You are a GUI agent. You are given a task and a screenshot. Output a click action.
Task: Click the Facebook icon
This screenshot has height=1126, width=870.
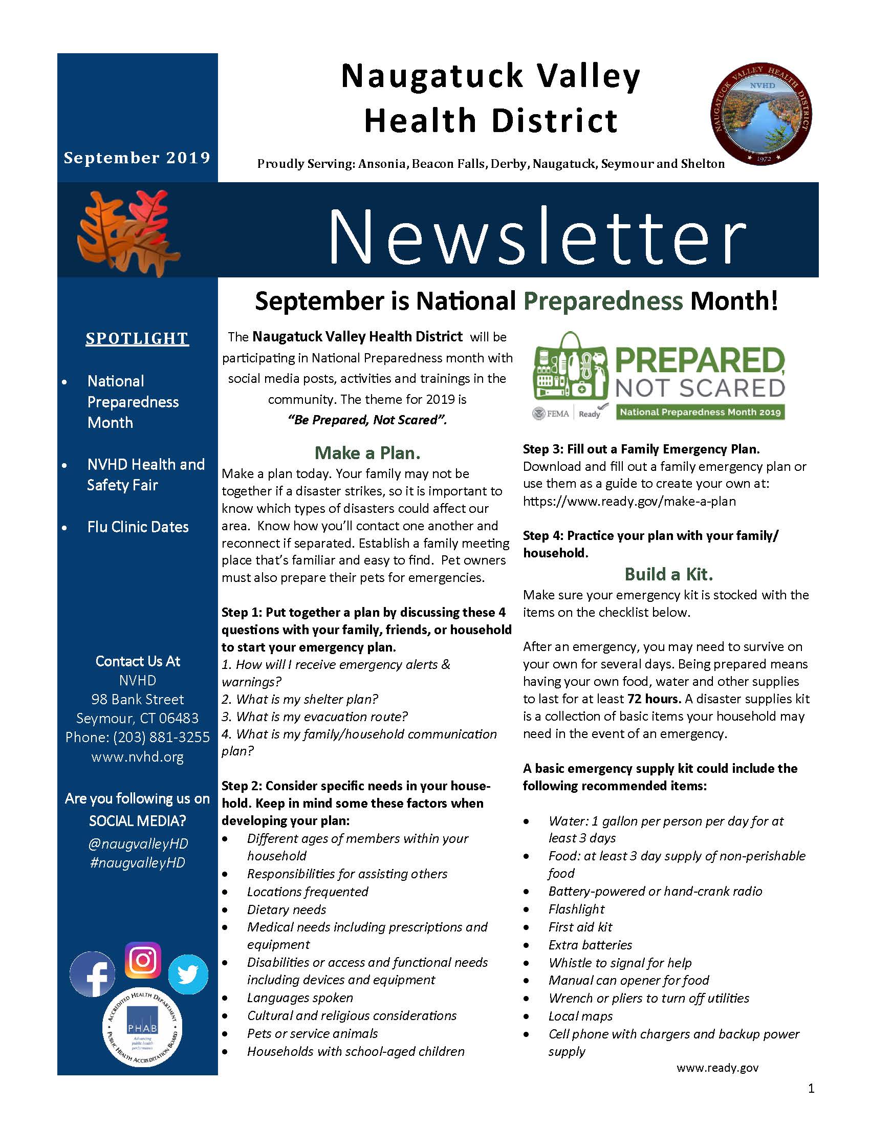tap(93, 974)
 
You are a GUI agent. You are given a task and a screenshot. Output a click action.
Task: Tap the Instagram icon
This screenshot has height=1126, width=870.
tap(143, 960)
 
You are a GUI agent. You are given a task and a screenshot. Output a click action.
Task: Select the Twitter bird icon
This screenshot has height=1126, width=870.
tap(188, 974)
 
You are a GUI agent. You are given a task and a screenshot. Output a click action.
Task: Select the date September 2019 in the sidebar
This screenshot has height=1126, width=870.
tap(137, 157)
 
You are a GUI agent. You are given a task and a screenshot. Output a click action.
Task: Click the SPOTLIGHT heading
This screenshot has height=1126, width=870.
tap(137, 338)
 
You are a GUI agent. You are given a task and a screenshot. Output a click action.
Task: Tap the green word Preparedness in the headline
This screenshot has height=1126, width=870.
tap(603, 300)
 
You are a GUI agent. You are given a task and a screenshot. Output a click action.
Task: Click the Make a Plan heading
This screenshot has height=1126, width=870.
tap(367, 452)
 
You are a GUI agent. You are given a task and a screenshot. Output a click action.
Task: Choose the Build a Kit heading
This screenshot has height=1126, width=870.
tap(668, 574)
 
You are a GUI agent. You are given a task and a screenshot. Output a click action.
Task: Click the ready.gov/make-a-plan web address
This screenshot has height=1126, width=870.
tap(629, 501)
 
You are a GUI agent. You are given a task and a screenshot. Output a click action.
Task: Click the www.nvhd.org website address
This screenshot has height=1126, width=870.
tap(137, 756)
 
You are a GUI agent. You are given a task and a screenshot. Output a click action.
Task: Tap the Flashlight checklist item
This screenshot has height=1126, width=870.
tap(576, 909)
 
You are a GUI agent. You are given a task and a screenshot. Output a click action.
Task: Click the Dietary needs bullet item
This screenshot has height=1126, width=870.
tap(287, 910)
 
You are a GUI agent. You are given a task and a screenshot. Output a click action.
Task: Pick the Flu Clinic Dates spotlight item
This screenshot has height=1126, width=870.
tap(138, 527)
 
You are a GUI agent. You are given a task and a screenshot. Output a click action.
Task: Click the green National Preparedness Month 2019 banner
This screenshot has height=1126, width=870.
tap(700, 412)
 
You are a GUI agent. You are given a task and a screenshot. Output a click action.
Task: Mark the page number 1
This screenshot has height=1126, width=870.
tap(811, 1089)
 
